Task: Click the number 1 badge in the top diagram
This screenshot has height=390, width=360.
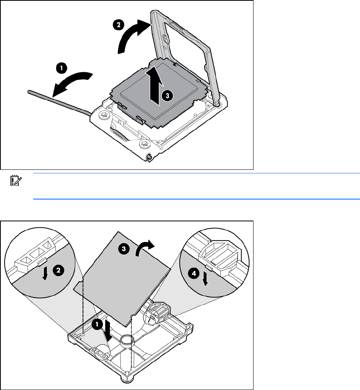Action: pyautogui.click(x=61, y=68)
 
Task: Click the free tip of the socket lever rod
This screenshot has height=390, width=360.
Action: pyautogui.click(x=30, y=91)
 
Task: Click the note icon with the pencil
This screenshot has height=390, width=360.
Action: pyautogui.click(x=16, y=180)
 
